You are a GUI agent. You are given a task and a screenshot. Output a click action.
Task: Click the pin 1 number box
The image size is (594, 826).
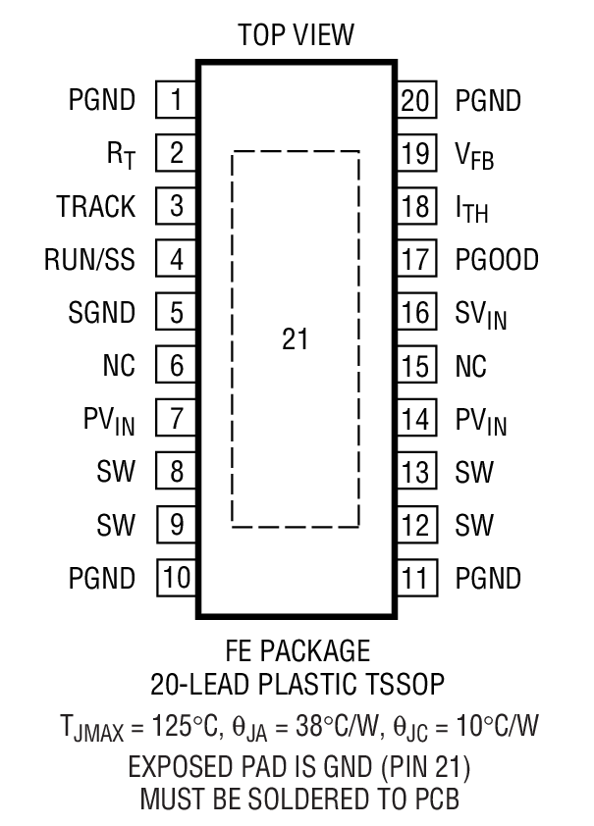coord(177,100)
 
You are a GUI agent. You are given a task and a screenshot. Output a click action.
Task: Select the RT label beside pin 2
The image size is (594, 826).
coord(119,155)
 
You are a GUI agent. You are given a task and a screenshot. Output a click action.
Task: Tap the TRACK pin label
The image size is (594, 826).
coord(95,207)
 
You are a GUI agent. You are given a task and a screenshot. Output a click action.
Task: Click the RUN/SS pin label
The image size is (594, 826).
coord(89,260)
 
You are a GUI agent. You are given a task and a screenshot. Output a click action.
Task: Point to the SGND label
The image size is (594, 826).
coord(101,314)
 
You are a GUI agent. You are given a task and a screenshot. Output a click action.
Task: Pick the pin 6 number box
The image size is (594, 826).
coord(177,366)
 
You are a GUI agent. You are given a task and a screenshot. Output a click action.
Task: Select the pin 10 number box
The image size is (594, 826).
coord(177,578)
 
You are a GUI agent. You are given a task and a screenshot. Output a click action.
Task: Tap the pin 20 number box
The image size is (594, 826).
coord(416,100)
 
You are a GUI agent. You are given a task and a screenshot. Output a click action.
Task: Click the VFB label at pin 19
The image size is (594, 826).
coord(474,155)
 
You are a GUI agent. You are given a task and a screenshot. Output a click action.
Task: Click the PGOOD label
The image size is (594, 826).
coord(497,260)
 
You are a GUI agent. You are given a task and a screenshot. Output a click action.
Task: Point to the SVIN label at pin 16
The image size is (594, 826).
coord(481,315)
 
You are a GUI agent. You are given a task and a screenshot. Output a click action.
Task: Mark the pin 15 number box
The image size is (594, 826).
coord(416,366)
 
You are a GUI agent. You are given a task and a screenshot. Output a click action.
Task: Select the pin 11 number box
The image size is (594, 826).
coord(416,578)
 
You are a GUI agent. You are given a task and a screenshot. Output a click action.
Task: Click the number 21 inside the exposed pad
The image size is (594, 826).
coord(295,340)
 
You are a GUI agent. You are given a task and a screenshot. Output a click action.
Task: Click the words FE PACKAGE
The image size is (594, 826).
coord(297,651)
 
